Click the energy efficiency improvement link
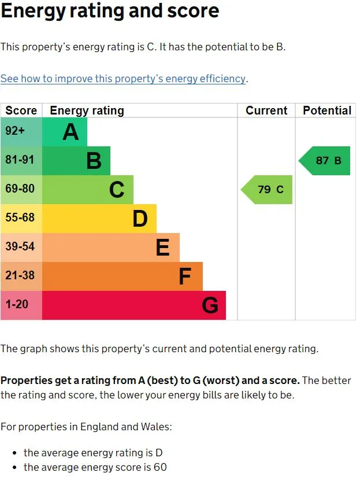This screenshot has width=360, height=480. pos(124,79)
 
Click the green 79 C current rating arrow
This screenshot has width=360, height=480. pos(267,190)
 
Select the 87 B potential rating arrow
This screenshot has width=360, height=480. pos(325,161)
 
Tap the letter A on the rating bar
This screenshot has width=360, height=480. pos(70,132)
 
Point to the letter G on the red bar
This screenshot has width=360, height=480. pos(210,305)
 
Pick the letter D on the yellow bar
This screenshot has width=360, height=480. pos(140,219)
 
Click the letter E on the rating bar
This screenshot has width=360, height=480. pos(162,248)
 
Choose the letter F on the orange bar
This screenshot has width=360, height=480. pos(184,277)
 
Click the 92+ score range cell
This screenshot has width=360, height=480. pos(21,132)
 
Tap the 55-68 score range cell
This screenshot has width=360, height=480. pos(21,219)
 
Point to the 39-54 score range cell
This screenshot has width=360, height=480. pos(21,248)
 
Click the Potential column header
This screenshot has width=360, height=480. pos(327,110)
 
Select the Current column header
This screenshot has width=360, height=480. pos(266,110)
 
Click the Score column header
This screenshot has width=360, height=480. pos(21,110)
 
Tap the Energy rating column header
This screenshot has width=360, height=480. pos(87,110)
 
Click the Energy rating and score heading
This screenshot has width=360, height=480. pos(110,11)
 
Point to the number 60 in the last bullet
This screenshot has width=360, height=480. pos(160,467)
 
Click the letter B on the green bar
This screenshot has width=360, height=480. pos(94,161)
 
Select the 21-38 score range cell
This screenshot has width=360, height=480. pos(21,276)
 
